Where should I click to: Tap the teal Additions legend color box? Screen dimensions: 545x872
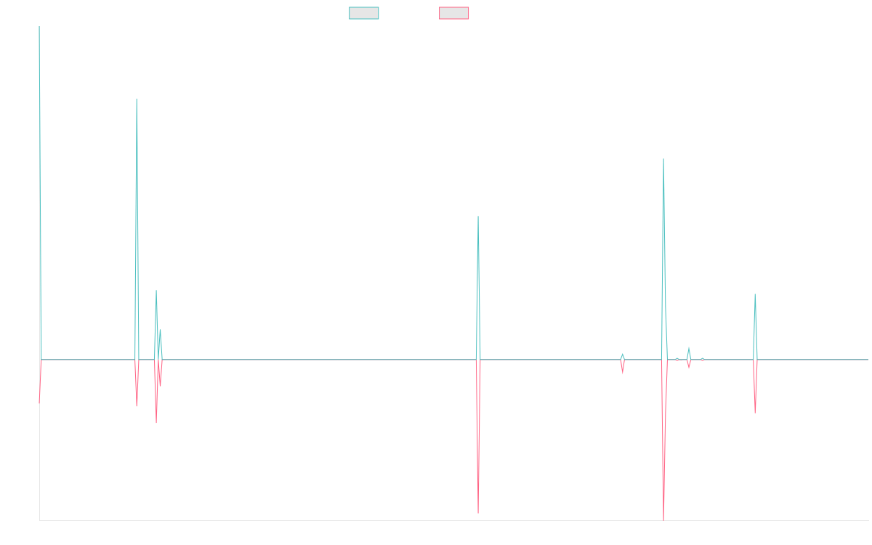pyautogui.click(x=364, y=13)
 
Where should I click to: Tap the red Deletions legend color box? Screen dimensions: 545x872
pyautogui.click(x=453, y=13)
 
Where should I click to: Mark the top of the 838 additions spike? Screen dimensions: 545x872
pyautogui.click(x=137, y=99)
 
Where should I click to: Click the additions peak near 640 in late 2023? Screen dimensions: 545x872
pyautogui.click(x=663, y=159)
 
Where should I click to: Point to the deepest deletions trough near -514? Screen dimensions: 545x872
pyautogui.click(x=663, y=520)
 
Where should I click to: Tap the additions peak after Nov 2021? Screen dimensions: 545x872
pyautogui.click(x=478, y=217)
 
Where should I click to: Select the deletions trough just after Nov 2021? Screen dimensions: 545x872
pyautogui.click(x=478, y=513)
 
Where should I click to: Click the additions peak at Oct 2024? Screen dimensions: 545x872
pyautogui.click(x=755, y=294)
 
